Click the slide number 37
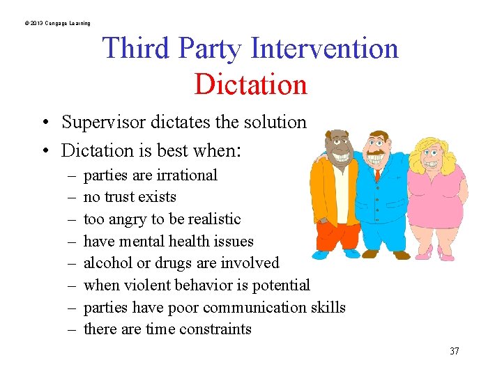454,351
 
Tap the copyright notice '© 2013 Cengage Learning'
57,24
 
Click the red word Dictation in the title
250,84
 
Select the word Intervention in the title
324,49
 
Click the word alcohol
107,263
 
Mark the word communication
256,307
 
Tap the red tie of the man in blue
377,173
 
